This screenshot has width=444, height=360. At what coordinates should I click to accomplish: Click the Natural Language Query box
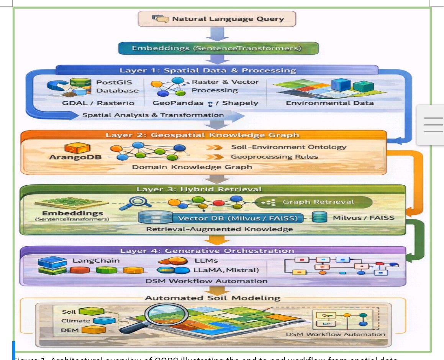point(217,18)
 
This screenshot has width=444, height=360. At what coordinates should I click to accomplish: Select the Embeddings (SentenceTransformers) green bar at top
point(217,48)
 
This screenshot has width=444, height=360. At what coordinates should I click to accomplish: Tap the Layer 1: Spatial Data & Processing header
point(208,70)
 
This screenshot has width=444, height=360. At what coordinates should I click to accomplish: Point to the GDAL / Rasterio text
point(98,103)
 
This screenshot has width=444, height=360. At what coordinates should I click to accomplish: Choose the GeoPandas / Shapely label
point(205,103)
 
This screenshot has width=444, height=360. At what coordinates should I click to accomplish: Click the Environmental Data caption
point(330,103)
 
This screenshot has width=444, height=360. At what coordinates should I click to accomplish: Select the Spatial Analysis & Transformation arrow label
point(153,115)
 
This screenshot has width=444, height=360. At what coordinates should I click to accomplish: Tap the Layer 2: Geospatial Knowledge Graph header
point(203,135)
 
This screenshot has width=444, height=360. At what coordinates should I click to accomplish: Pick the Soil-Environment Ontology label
point(288,147)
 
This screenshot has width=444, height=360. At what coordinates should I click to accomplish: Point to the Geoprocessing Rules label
point(274,157)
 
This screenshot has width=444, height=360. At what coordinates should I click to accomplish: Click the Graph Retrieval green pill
point(313,202)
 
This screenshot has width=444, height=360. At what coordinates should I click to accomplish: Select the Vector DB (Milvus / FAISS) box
point(238,218)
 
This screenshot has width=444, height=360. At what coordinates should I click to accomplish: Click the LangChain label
point(96,261)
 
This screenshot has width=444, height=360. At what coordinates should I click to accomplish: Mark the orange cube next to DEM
point(93,330)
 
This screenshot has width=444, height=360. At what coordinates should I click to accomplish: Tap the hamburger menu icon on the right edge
point(433,125)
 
